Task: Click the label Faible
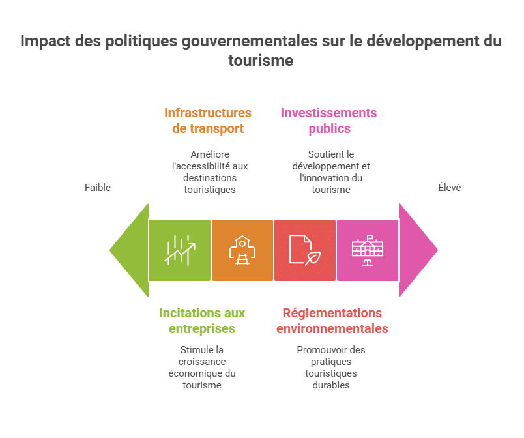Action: [x=98, y=188]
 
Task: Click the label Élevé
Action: [x=449, y=188]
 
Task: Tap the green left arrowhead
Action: [x=131, y=250]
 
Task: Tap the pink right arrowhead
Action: [x=416, y=250]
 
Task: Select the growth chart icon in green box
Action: [x=180, y=250]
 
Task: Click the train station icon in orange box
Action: [x=242, y=250]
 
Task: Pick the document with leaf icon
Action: [x=304, y=250]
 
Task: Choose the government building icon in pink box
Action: [x=368, y=250]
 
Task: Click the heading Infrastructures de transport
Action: [x=207, y=121]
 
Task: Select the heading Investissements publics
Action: [x=328, y=121]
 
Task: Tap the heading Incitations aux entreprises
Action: [x=202, y=321]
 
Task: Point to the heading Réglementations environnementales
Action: [x=332, y=321]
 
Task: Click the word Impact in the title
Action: [x=43, y=41]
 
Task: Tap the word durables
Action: [x=331, y=385]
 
